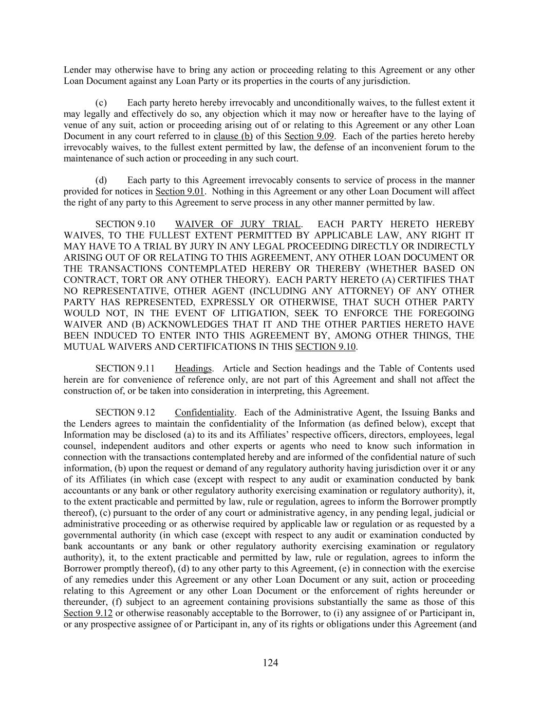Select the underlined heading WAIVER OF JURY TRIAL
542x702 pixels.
238,224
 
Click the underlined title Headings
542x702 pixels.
193,369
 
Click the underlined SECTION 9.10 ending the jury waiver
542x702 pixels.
326,347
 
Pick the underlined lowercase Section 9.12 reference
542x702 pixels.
88,613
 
